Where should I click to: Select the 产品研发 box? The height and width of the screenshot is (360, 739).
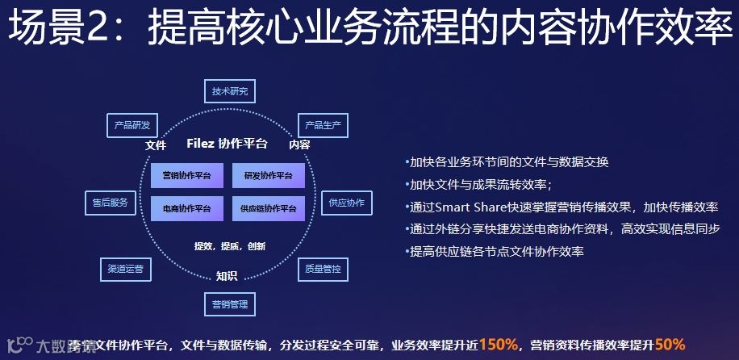(x=132, y=125)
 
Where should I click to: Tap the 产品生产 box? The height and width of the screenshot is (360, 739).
(x=323, y=125)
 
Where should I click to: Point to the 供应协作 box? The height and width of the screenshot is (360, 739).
(x=346, y=203)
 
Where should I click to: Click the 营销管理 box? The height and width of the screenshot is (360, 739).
(x=229, y=304)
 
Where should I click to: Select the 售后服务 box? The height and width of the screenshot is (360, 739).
(x=109, y=203)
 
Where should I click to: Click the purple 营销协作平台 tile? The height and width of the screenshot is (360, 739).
(x=187, y=175)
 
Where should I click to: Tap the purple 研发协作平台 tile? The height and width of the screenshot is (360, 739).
(x=268, y=175)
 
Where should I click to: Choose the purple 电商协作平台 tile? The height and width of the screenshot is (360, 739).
(x=187, y=208)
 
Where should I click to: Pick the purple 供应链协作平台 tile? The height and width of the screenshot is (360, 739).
(x=268, y=208)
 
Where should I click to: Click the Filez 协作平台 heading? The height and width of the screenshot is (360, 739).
(x=227, y=144)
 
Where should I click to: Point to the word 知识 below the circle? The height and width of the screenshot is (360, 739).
(x=227, y=276)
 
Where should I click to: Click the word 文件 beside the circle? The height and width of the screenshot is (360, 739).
(x=156, y=145)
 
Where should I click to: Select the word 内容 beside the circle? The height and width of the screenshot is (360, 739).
(x=299, y=145)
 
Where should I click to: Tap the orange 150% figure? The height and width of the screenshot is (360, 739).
(x=498, y=345)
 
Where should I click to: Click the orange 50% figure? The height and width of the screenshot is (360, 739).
(x=670, y=345)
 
